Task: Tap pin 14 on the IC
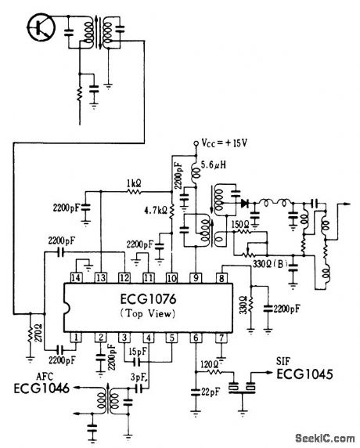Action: (x=76, y=276)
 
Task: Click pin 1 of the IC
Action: (x=76, y=338)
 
